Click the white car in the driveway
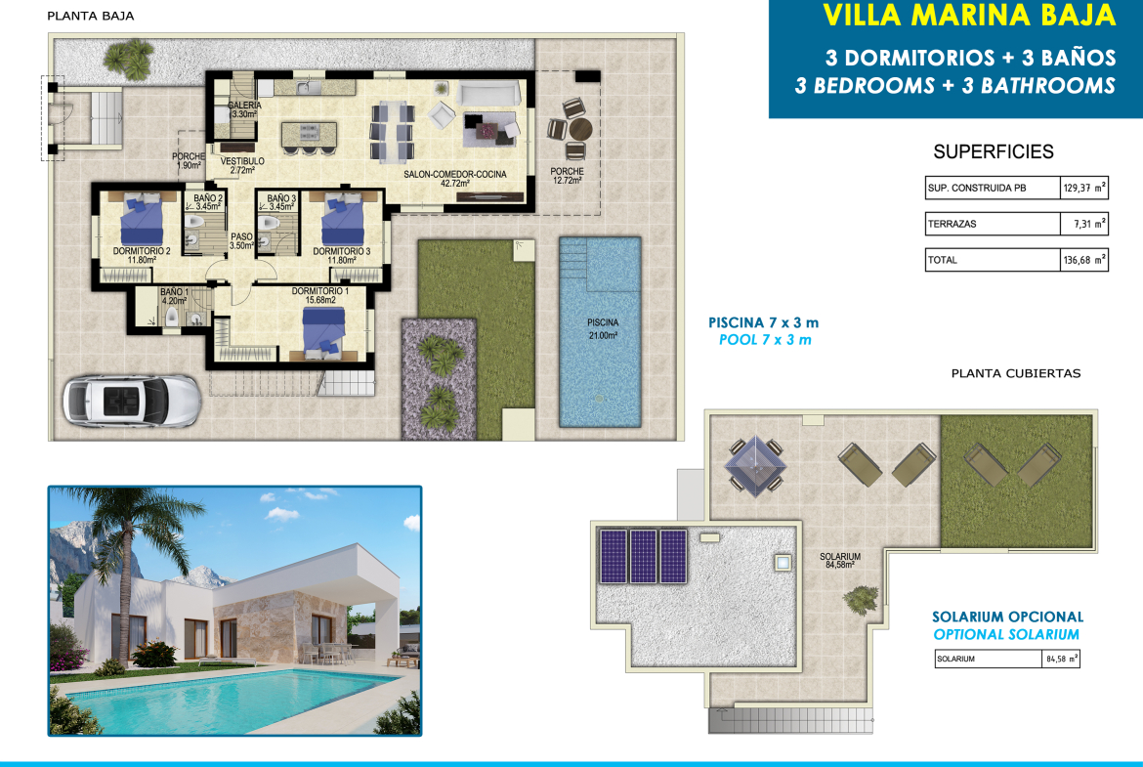131,401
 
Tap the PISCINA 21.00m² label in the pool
603,329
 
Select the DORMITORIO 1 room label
320,291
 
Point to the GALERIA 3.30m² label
244,109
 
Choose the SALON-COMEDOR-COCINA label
455,174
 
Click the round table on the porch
581,129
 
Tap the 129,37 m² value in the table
1084,188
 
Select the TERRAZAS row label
952,224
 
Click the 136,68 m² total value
1084,260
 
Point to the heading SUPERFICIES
994,151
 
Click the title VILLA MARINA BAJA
969,16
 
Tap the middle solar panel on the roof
643,556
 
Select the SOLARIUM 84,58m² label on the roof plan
840,560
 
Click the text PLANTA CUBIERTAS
1016,373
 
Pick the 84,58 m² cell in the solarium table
1061,659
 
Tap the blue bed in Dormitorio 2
143,219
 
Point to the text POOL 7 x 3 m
765,340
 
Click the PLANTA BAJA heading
91,16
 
